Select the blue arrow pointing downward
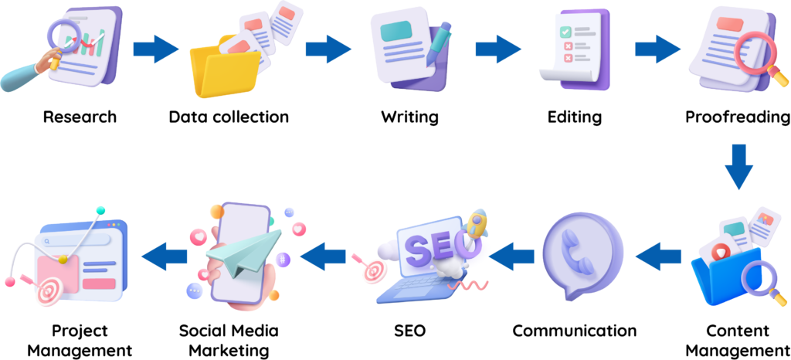[739, 167]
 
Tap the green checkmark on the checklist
[565, 32]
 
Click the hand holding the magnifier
[23, 76]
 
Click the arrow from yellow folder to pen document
[328, 49]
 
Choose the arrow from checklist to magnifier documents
[658, 49]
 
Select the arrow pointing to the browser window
[165, 256]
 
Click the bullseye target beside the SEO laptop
[375, 271]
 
